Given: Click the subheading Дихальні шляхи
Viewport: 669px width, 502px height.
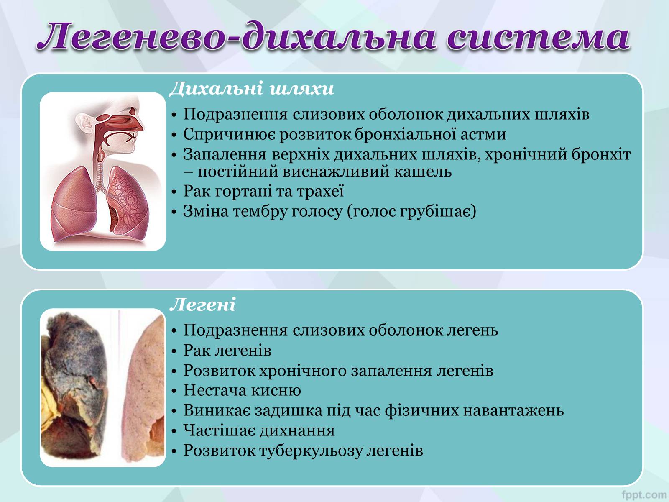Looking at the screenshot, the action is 252,89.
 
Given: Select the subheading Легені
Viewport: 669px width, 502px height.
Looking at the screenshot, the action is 203,305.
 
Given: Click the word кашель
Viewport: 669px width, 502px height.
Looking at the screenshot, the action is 423,172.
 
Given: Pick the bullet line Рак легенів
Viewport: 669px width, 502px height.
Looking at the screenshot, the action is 227,351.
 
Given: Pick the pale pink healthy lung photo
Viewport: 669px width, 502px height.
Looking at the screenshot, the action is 143,388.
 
